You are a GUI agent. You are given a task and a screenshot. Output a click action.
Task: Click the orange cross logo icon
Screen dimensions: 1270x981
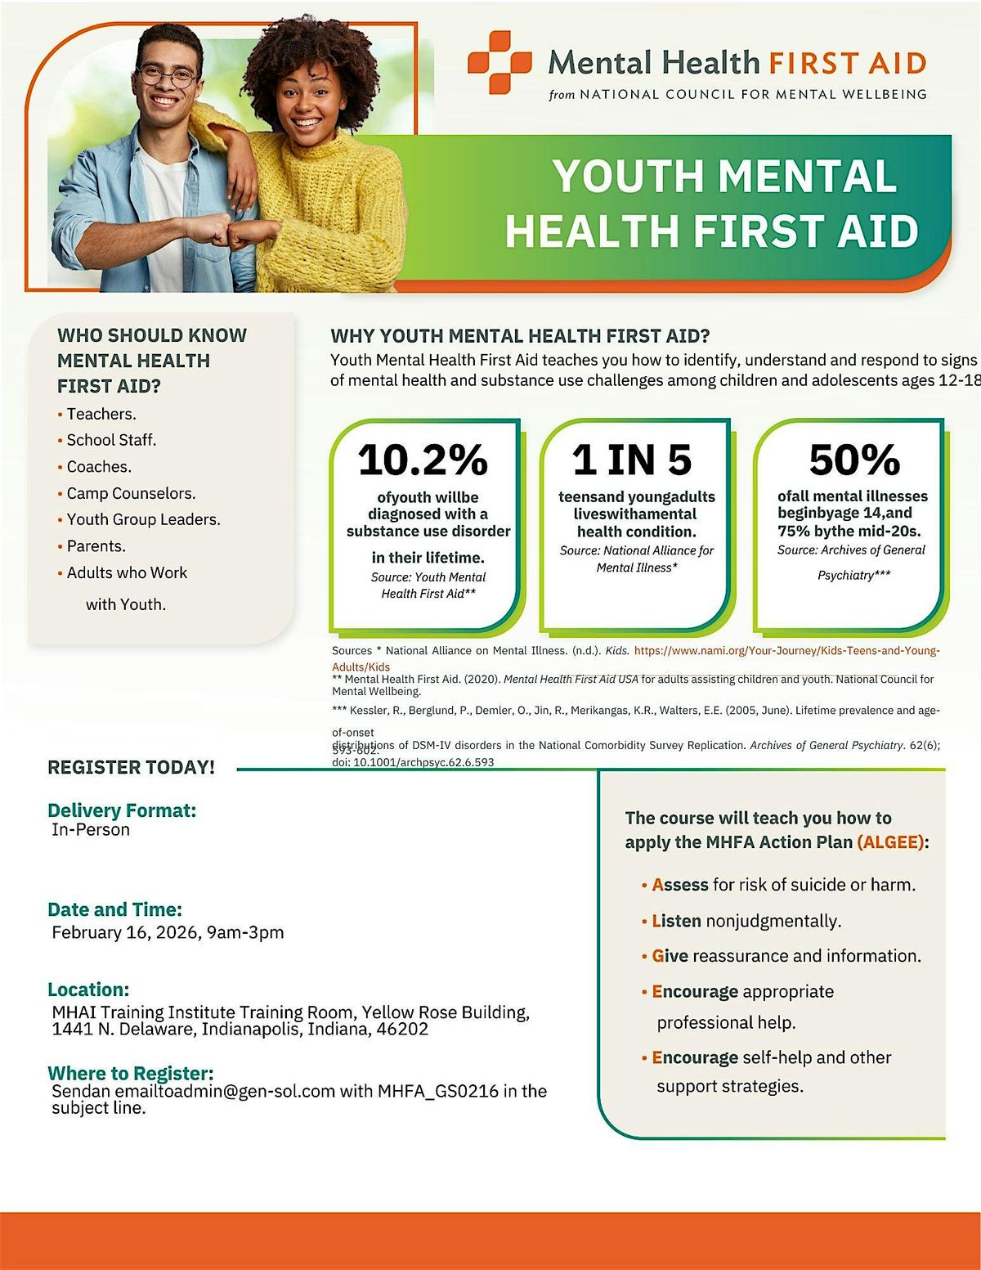click(x=499, y=61)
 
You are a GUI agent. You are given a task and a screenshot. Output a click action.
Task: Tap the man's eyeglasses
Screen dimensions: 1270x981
click(x=168, y=76)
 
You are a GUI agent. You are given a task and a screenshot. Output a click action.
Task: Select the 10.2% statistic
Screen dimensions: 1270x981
click(x=423, y=460)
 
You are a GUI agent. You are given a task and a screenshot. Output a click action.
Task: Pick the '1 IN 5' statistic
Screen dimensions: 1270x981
click(x=632, y=460)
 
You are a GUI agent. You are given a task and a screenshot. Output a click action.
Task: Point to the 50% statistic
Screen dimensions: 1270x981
click(x=854, y=460)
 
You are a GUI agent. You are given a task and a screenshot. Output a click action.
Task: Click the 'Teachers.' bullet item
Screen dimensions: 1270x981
click(x=101, y=414)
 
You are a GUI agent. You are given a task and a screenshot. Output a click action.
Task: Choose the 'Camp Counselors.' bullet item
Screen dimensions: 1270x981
click(x=131, y=493)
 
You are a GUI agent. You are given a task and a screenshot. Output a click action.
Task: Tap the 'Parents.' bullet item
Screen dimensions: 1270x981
click(x=96, y=546)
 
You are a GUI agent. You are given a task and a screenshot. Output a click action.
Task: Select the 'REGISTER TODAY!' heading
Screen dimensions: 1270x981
click(x=132, y=767)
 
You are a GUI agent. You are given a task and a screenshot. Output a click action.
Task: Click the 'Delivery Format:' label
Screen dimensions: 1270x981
click(x=122, y=810)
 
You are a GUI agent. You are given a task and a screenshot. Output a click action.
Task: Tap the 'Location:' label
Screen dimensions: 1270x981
click(x=88, y=990)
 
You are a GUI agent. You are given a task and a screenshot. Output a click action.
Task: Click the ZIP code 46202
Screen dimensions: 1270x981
click(x=401, y=1029)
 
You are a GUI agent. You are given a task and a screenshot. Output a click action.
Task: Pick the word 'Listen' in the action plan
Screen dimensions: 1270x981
click(x=676, y=921)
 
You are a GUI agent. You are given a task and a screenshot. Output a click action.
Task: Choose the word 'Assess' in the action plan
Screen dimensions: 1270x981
click(x=680, y=885)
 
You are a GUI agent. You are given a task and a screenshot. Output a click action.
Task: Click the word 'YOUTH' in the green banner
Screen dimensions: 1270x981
click(x=627, y=176)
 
